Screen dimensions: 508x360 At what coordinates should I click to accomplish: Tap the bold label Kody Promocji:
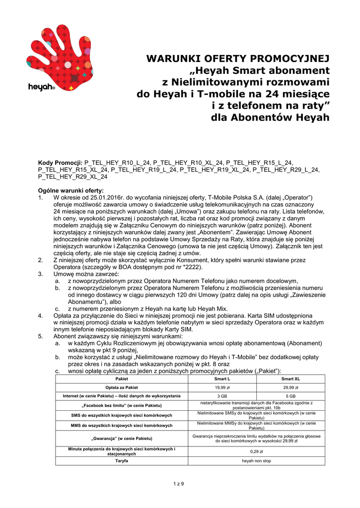tap(61, 162)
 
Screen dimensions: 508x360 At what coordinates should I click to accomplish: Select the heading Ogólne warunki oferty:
tap(71, 190)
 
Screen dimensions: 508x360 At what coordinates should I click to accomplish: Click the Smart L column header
tap(221, 379)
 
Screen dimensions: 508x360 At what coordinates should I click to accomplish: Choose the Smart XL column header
tap(290, 379)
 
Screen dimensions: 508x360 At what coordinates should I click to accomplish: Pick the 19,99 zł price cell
tap(221, 387)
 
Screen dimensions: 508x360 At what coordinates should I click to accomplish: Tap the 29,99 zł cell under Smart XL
tap(290, 387)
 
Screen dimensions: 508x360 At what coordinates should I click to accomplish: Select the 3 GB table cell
tap(221, 396)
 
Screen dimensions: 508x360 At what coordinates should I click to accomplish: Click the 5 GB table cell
tap(290, 396)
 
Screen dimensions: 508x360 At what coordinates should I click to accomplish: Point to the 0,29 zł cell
tap(256, 452)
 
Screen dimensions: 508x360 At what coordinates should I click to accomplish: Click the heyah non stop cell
tap(256, 461)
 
